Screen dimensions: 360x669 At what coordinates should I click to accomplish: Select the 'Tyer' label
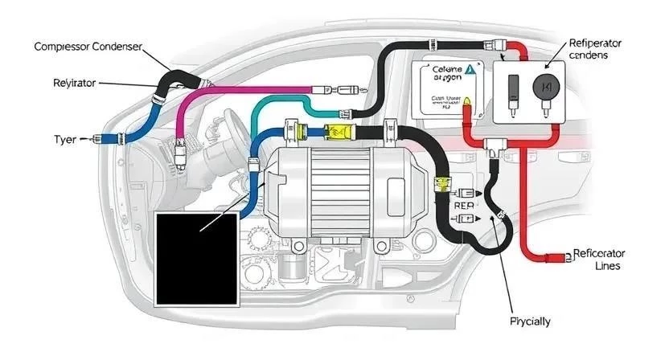coord(64,139)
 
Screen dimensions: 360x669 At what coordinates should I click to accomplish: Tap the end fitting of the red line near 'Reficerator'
coord(554,259)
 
